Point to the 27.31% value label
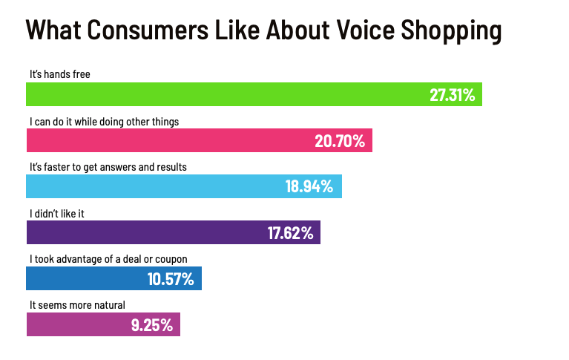click(x=452, y=95)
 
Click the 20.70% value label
click(x=340, y=141)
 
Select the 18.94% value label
click(x=310, y=187)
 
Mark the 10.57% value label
click(x=171, y=279)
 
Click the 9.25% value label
click(x=152, y=325)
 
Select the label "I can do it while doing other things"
click(x=104, y=120)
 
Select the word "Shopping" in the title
click(x=453, y=30)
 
